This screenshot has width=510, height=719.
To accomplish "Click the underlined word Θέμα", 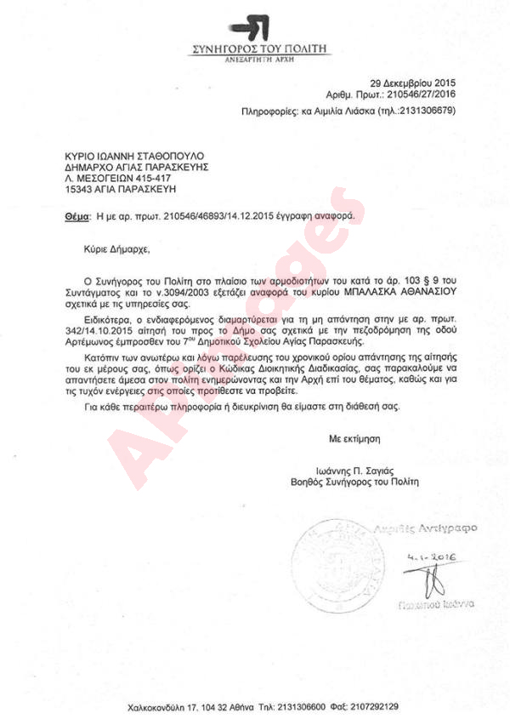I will pyautogui.click(x=77, y=218).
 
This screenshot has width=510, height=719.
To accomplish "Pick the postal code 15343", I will pyautogui.click(x=80, y=192).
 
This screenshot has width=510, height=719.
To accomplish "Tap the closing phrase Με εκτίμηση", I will pyautogui.click(x=354, y=438).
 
